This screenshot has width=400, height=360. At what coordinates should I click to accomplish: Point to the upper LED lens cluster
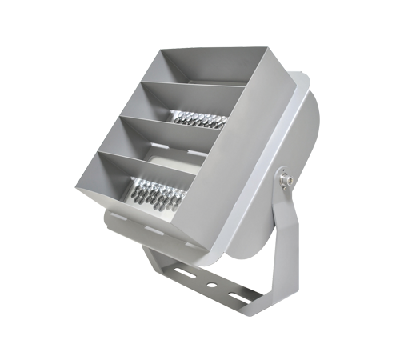click(x=198, y=119)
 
